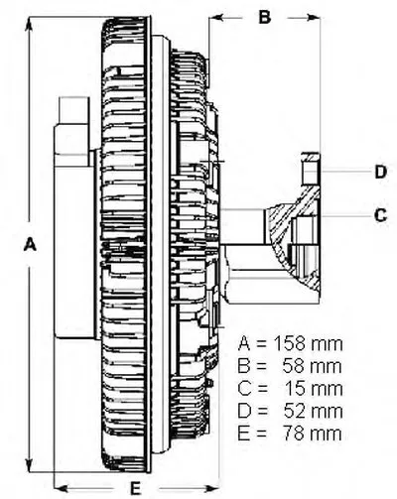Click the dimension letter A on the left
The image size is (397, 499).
pyautogui.click(x=30, y=244)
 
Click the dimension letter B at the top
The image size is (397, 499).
pyautogui.click(x=265, y=17)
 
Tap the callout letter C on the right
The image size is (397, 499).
pyautogui.click(x=380, y=215)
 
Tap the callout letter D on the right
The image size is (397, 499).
pyautogui.click(x=381, y=172)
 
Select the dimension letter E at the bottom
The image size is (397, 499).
pyautogui.click(x=135, y=488)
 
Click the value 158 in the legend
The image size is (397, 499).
pyautogui.click(x=290, y=344)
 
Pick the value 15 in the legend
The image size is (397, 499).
pyautogui.click(x=296, y=389)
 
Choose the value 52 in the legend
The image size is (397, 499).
pyautogui.click(x=295, y=411)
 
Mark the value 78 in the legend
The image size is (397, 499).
pyautogui.click(x=295, y=434)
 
